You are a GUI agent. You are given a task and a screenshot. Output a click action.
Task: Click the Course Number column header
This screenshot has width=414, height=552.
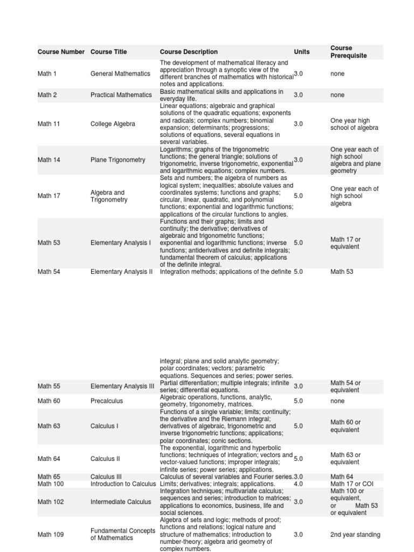61,52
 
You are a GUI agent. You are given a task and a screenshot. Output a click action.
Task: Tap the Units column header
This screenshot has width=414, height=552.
302,52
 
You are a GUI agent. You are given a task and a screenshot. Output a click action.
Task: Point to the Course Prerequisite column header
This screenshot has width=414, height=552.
348,52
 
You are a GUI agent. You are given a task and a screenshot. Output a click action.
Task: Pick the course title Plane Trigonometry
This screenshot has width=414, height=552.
118,160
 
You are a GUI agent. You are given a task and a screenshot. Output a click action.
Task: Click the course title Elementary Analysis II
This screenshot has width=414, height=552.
122,272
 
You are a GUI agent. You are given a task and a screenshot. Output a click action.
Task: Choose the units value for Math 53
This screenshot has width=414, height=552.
299,243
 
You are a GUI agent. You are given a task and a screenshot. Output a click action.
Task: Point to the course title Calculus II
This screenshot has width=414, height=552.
105,459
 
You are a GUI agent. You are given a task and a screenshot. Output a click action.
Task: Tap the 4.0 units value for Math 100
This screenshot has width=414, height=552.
299,484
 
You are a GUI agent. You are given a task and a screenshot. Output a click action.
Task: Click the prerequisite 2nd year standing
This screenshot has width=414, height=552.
355,535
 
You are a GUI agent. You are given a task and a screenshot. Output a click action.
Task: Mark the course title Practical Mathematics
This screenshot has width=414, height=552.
121,95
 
